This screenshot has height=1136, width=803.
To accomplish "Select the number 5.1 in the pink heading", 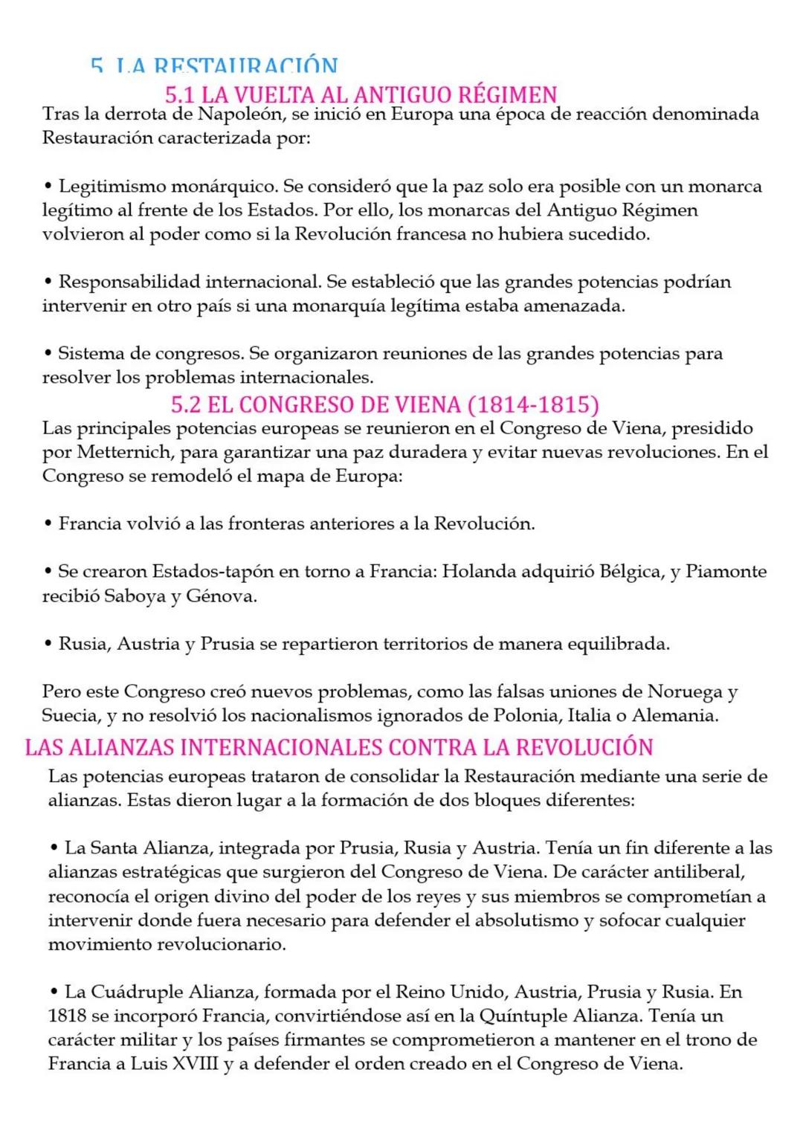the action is (180, 95).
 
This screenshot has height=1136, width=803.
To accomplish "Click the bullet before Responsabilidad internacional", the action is (48, 282).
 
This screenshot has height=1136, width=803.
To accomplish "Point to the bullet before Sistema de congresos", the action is (48, 353).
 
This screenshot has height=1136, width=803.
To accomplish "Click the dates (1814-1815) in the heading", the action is (533, 404).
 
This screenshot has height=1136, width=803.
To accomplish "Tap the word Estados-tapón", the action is (196, 572).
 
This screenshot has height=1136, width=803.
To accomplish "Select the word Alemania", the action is (675, 716).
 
